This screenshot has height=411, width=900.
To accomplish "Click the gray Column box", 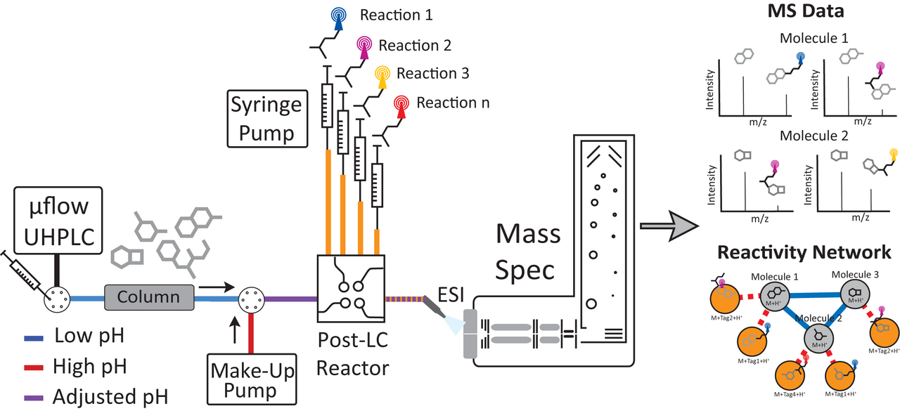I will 148,296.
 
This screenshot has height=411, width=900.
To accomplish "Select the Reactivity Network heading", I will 804,252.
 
